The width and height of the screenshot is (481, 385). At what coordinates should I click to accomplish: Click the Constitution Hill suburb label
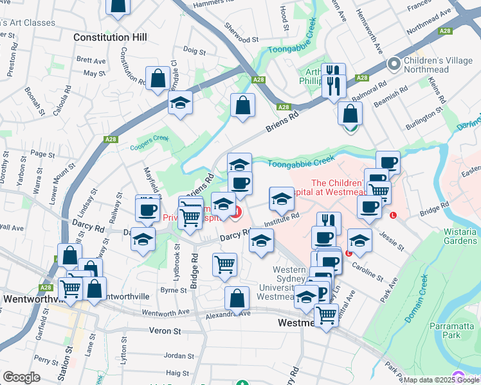point(110,37)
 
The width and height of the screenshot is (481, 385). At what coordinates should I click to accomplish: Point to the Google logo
point(21,377)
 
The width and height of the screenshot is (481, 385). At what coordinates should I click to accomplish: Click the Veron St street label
point(167,331)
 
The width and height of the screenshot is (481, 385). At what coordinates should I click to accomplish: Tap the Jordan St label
point(179,355)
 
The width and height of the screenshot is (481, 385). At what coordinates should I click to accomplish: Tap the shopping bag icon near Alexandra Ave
point(237,298)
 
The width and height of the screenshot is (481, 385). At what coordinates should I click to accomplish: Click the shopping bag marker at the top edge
point(118,5)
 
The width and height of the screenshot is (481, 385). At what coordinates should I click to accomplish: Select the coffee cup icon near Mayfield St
point(147,209)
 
